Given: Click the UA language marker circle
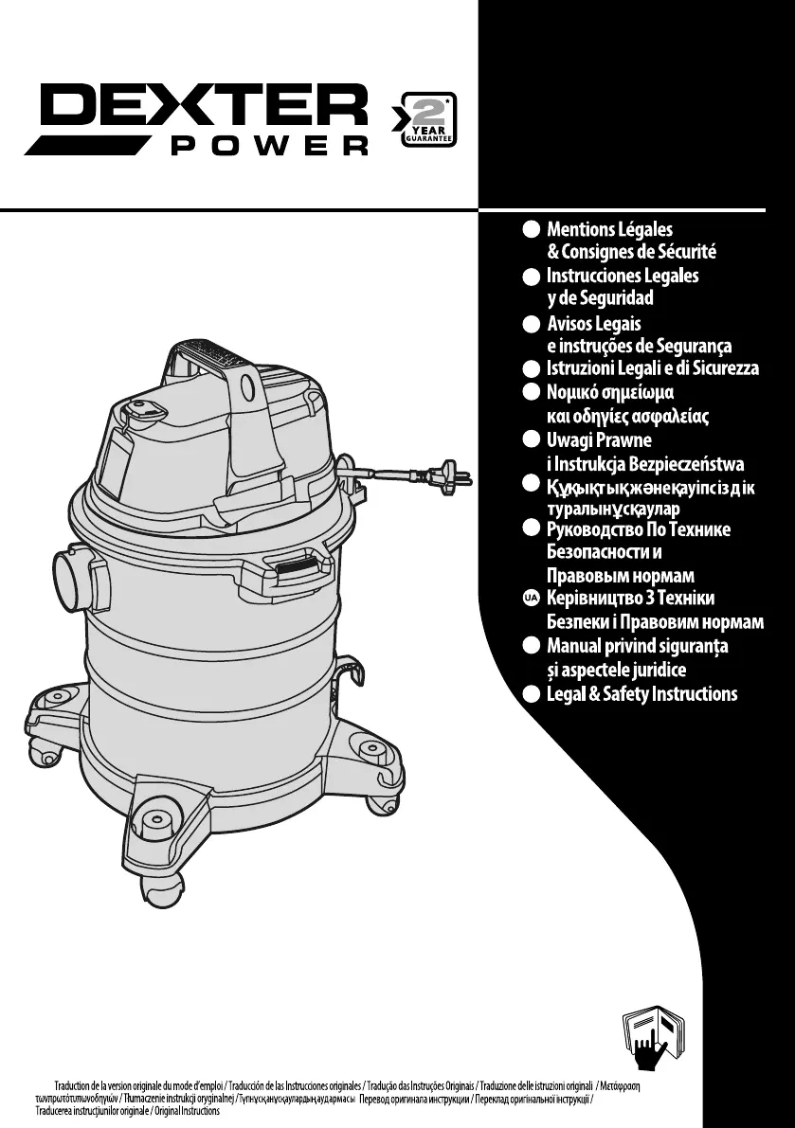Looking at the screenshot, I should [x=532, y=599].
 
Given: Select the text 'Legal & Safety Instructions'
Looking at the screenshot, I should [x=641, y=694].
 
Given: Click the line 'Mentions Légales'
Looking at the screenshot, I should [x=609, y=229].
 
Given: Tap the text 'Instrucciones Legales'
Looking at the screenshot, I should [x=623, y=276].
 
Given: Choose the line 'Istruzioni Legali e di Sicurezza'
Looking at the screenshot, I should [x=653, y=368].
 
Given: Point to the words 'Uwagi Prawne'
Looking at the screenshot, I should [x=599, y=440].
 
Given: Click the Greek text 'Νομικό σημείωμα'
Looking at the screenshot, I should [x=610, y=392].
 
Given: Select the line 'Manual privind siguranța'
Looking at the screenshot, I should [x=638, y=647].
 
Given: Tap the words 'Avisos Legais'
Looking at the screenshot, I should [x=594, y=324].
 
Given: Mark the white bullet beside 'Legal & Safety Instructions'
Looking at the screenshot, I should [x=532, y=694].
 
